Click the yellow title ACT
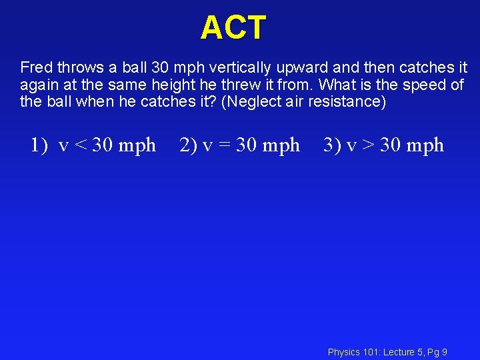233,28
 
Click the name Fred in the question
34,68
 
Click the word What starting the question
339,85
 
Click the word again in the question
37,85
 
